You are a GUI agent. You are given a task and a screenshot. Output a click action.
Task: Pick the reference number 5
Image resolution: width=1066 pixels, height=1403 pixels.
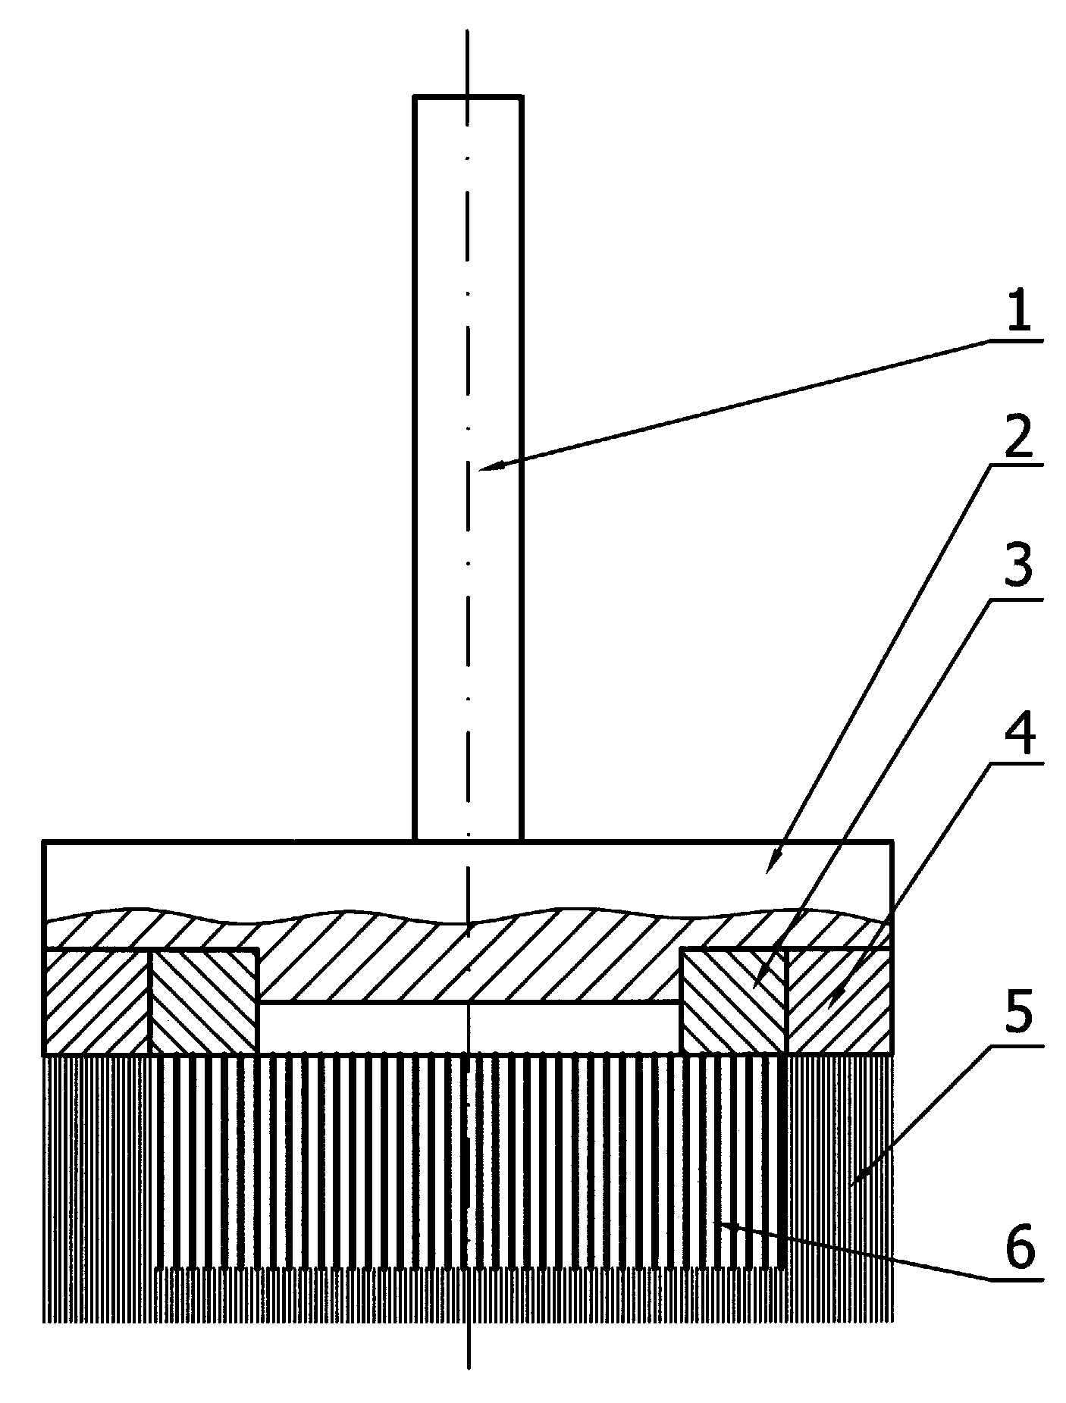1019,1020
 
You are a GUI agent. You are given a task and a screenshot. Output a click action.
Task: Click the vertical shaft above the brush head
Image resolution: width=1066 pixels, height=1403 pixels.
468,468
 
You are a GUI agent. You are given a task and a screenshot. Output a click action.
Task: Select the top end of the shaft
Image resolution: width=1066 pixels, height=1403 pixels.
468,96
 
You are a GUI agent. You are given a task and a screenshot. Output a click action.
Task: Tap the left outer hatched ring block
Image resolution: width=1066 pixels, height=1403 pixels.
97,1001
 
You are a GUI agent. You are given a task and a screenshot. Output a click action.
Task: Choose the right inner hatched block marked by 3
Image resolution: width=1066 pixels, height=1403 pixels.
734,1001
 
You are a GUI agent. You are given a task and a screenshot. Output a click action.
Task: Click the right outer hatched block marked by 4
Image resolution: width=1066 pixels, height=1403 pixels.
839,1001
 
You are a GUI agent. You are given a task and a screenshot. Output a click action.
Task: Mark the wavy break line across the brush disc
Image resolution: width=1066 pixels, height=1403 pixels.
468,917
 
